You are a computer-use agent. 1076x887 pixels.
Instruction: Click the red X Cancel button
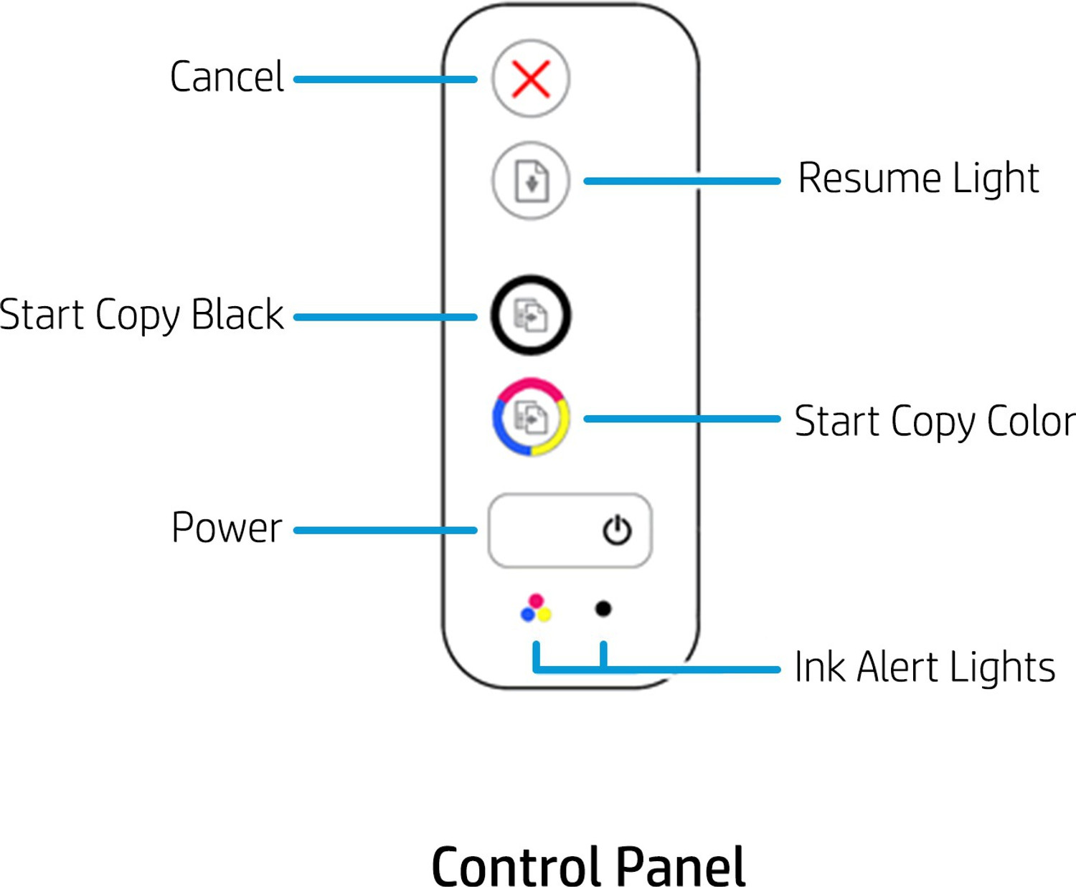[531, 78]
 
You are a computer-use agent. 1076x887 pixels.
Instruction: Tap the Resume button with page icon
[531, 181]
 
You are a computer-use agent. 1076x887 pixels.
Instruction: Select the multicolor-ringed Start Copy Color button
[531, 417]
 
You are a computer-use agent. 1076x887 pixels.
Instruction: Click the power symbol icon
[616, 531]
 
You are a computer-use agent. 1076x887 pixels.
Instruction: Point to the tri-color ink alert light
[536, 609]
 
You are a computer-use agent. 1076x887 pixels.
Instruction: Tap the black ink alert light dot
[603, 609]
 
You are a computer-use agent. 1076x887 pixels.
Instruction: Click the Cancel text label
[227, 77]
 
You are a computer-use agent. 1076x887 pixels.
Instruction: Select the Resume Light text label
[918, 178]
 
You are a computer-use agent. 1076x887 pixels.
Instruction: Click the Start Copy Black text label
[141, 315]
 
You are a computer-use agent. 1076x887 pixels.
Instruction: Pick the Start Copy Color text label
[935, 421]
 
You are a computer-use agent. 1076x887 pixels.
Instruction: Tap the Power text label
[227, 528]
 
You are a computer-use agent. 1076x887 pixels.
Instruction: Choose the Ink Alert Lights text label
[925, 667]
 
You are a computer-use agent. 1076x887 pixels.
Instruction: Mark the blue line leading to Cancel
[385, 79]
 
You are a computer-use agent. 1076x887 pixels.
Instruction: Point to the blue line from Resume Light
[681, 181]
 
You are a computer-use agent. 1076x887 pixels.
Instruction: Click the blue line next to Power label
[385, 531]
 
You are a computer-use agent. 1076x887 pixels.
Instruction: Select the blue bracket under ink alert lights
[570, 669]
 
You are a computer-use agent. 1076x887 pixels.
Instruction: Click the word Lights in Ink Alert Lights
[1002, 667]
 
